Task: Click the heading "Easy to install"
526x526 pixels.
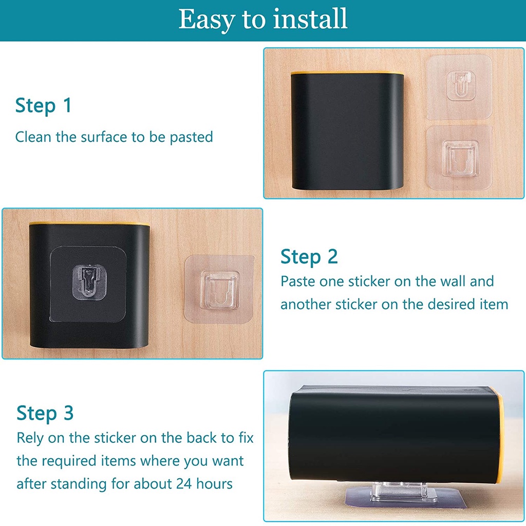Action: [262, 20]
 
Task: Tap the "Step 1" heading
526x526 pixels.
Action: [44, 106]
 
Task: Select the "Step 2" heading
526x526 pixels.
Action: [309, 257]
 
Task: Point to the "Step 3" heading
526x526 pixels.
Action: [45, 413]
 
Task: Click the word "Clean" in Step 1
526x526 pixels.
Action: [33, 137]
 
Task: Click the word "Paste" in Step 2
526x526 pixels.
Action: [298, 281]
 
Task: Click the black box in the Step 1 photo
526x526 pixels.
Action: [347, 131]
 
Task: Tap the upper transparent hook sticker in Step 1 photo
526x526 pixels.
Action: [459, 87]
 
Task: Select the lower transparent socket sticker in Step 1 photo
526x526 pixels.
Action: [459, 158]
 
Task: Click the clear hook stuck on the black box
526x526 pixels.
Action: [89, 283]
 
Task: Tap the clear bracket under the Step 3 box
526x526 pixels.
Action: [399, 492]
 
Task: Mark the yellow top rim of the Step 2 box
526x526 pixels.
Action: [89, 223]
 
